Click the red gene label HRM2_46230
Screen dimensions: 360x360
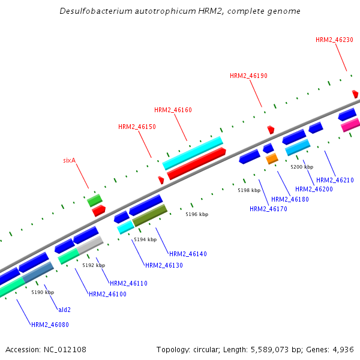coord(334,40)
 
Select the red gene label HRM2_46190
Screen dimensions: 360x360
coord(248,76)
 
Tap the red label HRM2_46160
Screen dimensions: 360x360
coord(173,110)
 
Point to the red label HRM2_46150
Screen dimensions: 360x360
coord(137,127)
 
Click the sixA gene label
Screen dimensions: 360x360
coord(70,161)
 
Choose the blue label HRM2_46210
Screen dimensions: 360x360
coord(335,180)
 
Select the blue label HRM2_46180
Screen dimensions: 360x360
coord(290,199)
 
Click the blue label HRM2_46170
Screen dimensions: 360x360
coord(268,209)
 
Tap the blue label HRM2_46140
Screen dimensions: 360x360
coord(188,254)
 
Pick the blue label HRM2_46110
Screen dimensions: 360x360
coord(128,283)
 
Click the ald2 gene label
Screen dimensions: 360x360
coord(64,310)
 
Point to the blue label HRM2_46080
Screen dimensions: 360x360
coord(50,325)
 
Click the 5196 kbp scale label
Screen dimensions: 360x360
coord(197,214)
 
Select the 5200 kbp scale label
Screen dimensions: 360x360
coord(302,167)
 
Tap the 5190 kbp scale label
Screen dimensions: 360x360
coord(43,292)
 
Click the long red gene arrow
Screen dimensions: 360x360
coord(196,164)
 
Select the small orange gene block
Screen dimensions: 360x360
coord(272,158)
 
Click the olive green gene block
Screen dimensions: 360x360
coord(149,215)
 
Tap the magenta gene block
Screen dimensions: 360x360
coord(350,125)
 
